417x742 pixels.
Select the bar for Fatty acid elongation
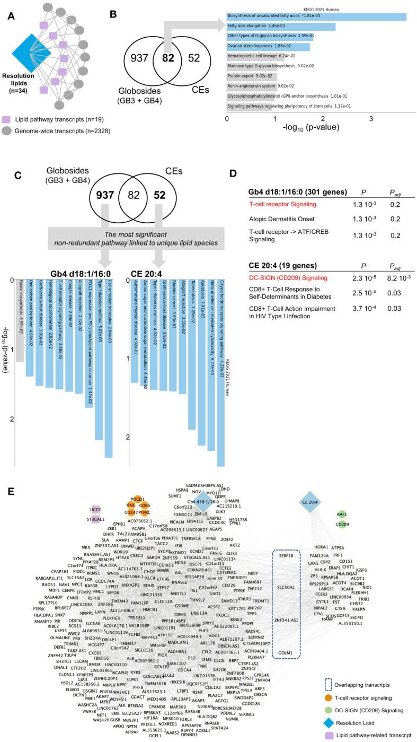click(281, 26)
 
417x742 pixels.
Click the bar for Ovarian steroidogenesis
click(268, 47)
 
